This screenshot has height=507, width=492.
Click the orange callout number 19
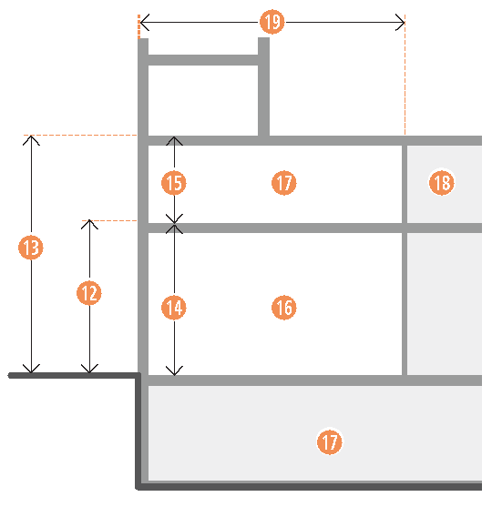(272, 22)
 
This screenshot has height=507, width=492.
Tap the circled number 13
(31, 248)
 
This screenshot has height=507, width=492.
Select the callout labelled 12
(89, 293)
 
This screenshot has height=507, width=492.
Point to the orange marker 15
(174, 183)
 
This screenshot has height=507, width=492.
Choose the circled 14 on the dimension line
(174, 308)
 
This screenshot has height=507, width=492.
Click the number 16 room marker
(284, 307)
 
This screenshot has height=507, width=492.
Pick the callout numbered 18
(442, 183)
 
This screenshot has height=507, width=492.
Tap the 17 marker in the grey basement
(330, 441)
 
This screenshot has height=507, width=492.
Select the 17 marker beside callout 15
(284, 183)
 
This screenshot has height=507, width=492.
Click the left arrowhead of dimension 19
(140, 23)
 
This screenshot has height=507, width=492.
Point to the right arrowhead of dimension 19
(404, 23)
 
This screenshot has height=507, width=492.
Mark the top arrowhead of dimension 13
(31, 137)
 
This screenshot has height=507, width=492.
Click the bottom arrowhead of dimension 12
(89, 372)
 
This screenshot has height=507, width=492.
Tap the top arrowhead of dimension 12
(89, 221)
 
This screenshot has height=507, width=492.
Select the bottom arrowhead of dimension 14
(174, 375)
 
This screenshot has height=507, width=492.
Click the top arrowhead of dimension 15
(174, 137)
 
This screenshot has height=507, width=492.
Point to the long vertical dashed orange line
(405, 75)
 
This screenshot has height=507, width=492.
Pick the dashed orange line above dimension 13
(80, 135)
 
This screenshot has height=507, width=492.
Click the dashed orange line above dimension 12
(109, 220)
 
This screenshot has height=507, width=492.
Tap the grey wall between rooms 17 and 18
(405, 184)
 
